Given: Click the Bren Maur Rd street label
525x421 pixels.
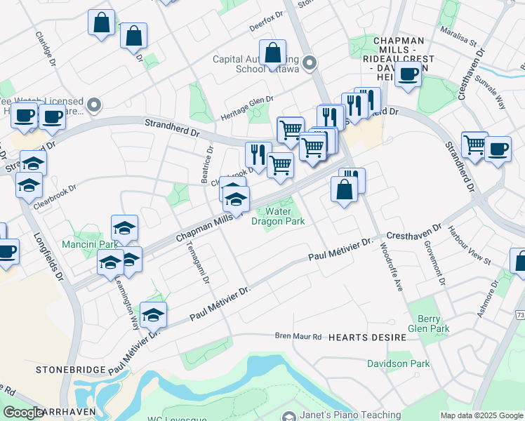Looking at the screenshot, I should [x=298, y=337].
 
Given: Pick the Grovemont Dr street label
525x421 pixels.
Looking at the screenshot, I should [x=435, y=264].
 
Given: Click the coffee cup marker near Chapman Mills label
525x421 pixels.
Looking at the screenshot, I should [x=408, y=74].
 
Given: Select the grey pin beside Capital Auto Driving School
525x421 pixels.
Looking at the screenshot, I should [x=310, y=63].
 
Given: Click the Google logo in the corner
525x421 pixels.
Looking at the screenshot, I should [x=23, y=413].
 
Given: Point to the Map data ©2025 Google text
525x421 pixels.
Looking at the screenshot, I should [x=481, y=415].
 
